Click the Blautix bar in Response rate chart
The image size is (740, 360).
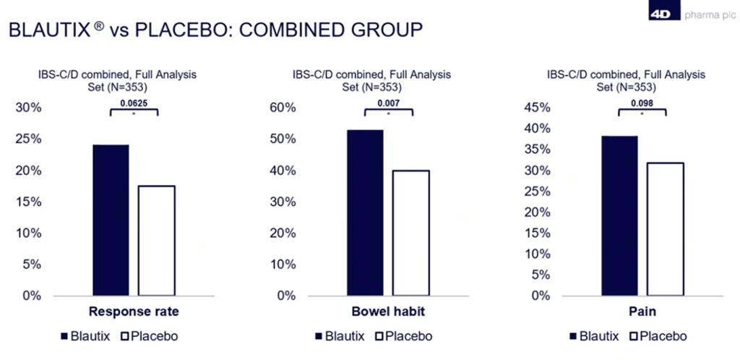(111, 220)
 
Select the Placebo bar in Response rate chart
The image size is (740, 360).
(156, 241)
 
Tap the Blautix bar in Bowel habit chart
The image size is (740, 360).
(365, 213)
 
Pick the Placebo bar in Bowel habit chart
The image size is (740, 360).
(410, 233)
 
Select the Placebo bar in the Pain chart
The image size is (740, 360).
(665, 229)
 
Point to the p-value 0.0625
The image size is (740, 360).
(133, 103)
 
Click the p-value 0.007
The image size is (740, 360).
(388, 103)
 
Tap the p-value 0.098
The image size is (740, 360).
(642, 103)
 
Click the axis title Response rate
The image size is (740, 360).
(133, 313)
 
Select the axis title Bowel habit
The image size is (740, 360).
(388, 313)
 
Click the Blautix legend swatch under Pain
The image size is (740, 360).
(575, 336)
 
